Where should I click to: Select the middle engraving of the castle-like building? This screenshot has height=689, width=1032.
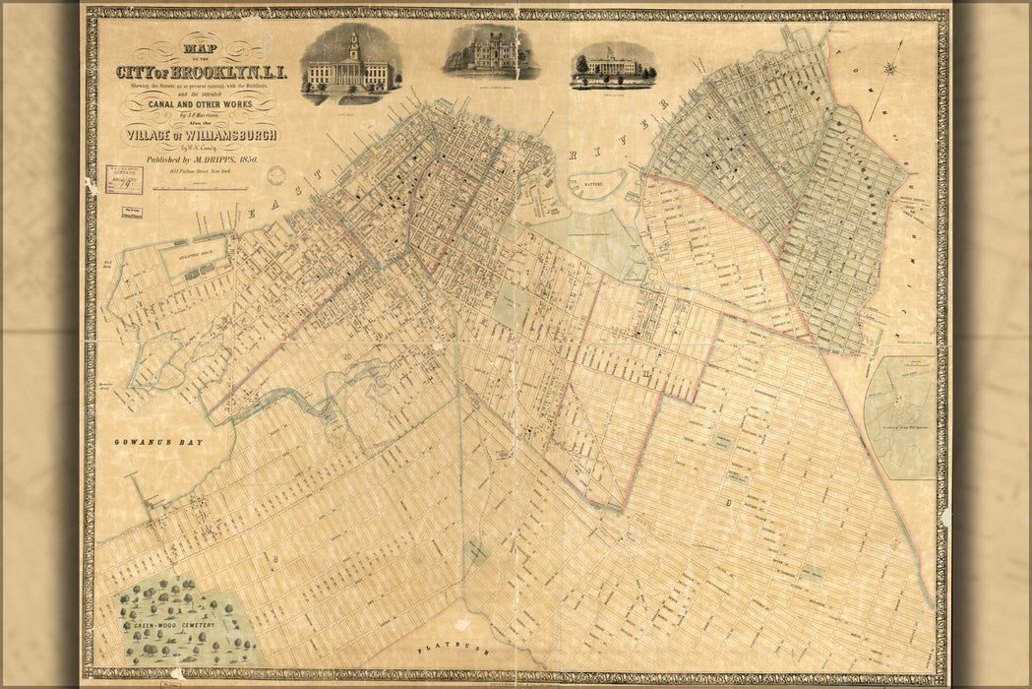click(491, 52)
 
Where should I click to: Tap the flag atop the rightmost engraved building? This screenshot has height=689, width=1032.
click(612, 47)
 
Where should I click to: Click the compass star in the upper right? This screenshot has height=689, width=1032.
click(890, 68)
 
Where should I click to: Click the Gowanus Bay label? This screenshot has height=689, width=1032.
click(157, 443)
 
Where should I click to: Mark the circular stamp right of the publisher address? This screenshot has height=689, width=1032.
click(276, 175)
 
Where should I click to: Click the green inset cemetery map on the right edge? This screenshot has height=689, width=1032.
click(901, 417)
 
